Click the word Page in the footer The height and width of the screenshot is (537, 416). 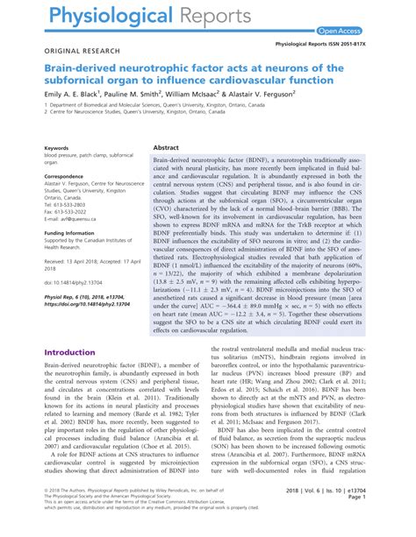tap(382, 522)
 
